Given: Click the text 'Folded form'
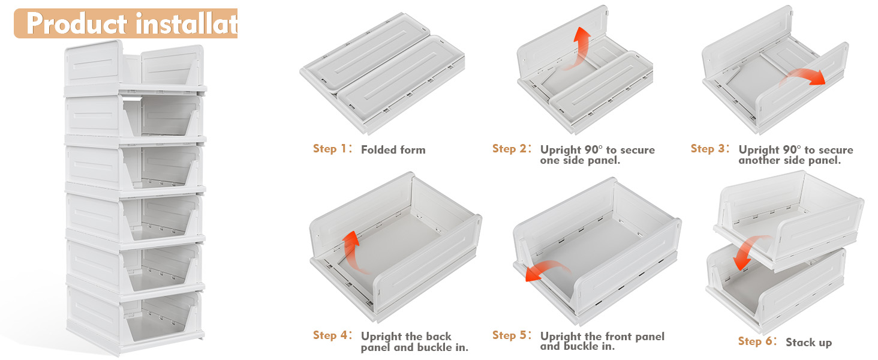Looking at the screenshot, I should pyautogui.click(x=393, y=150).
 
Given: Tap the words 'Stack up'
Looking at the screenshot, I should pyautogui.click(x=808, y=343).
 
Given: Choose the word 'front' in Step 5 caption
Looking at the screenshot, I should pyautogui.click(x=606, y=336).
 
